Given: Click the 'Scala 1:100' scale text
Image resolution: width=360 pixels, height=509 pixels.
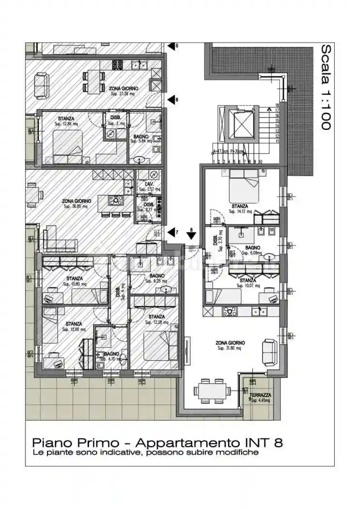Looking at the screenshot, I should coord(326,87).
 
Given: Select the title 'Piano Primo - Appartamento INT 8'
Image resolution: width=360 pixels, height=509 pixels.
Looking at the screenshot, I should coord(157,442).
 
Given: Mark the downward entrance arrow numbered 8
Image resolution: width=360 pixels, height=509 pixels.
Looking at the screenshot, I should coord(191,236).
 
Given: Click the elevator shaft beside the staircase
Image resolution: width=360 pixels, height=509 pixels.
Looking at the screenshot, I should coord(240,124).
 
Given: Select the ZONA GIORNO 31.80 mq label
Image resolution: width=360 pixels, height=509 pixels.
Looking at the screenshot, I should coord(230,345).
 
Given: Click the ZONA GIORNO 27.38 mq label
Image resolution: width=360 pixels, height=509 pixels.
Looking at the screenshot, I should coord(123,91).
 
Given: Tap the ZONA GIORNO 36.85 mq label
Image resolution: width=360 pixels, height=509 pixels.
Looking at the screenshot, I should coord(75,203).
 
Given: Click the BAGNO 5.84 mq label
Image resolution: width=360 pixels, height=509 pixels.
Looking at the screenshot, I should coord(141,139).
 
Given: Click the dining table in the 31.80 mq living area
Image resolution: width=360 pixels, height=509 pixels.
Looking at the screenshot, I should coord(211,389).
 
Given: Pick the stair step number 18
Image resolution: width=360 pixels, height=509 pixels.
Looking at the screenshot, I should coord(277,105).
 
